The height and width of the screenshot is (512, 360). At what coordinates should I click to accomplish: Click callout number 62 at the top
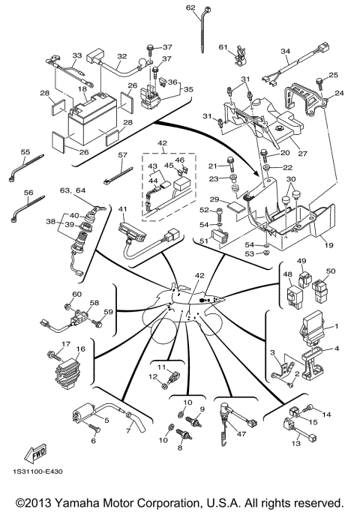(190, 7)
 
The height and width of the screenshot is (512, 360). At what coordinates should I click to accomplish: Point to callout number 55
(25, 151)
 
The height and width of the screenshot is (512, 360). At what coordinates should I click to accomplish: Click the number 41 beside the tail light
(123, 210)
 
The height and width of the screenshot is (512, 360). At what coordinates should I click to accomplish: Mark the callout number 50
(331, 271)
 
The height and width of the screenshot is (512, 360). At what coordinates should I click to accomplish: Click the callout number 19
(328, 244)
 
